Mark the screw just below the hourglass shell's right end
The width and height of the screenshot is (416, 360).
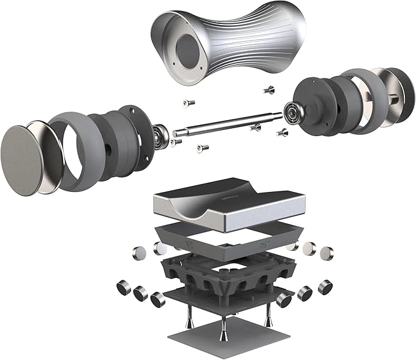(268, 90)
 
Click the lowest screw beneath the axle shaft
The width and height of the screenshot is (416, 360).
(202, 147)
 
